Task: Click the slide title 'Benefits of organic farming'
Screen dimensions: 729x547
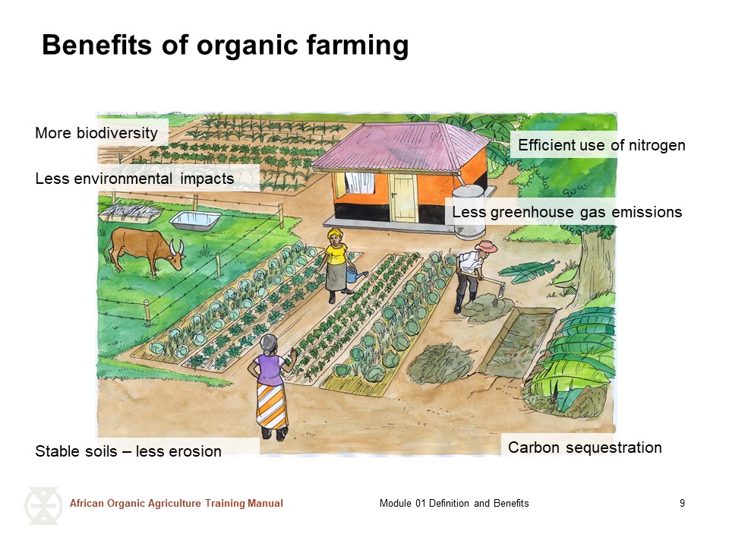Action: coord(226,46)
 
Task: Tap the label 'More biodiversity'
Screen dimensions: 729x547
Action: coord(96,133)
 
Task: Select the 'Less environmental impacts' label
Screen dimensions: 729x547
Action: coord(135,179)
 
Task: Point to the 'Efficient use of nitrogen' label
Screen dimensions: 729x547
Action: coord(601,145)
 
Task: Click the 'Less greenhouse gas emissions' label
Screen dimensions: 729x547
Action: coord(567,212)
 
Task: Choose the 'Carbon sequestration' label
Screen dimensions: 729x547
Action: coord(585,447)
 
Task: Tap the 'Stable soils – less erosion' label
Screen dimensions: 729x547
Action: coord(128,451)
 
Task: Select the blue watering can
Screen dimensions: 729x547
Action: coord(355,273)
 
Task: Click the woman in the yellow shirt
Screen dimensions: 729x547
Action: coord(337,266)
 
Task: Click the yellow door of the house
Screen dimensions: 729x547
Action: coord(403,198)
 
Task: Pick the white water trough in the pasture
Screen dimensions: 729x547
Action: coord(195,220)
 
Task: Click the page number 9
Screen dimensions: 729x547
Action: coord(682,503)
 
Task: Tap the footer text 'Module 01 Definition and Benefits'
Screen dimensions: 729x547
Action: coord(454,503)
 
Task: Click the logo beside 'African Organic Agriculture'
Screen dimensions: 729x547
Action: coord(43,506)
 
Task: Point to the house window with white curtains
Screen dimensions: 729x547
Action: coord(359,183)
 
